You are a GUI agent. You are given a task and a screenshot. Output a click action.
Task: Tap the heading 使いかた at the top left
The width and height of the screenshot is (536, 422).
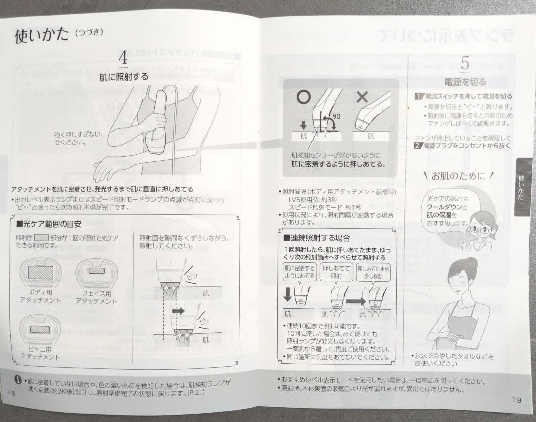click(42, 36)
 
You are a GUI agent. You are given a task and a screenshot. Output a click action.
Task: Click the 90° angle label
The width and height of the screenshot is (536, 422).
click(337, 116)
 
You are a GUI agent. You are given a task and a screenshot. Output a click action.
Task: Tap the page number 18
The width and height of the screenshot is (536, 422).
click(12, 393)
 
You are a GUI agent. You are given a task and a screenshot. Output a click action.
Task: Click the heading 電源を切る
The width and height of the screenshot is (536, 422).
click(465, 82)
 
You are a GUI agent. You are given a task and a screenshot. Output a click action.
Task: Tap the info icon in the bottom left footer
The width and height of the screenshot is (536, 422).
click(17, 381)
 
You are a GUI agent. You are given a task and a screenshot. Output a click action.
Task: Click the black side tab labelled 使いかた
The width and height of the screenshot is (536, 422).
click(521, 187)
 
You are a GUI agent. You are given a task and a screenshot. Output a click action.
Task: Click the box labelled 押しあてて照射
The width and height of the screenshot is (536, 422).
click(336, 272)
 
